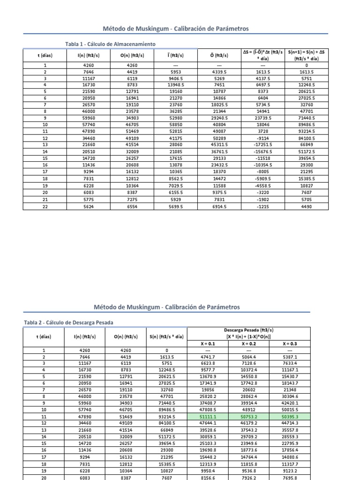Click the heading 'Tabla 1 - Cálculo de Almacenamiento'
pyautogui.click(x=110, y=44)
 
